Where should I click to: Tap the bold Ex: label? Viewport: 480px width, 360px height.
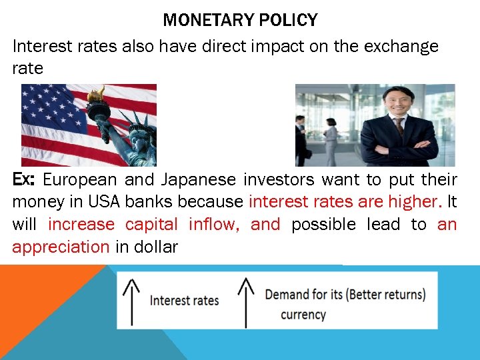[x=25, y=179]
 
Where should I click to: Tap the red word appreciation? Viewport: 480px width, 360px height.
[x=61, y=247]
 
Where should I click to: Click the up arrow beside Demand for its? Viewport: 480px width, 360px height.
[x=247, y=301]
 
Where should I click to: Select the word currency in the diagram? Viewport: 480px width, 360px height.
[x=303, y=315]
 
